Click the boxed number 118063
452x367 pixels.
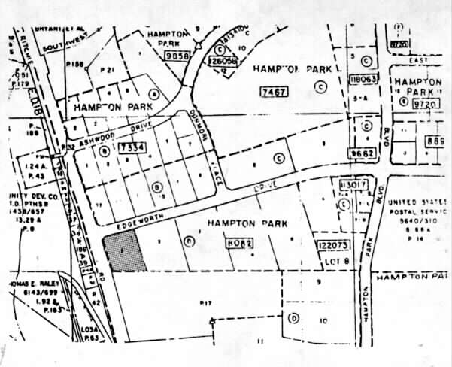tap(363, 79)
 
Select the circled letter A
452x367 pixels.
tap(155, 95)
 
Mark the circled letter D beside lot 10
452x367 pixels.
tap(293, 317)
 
